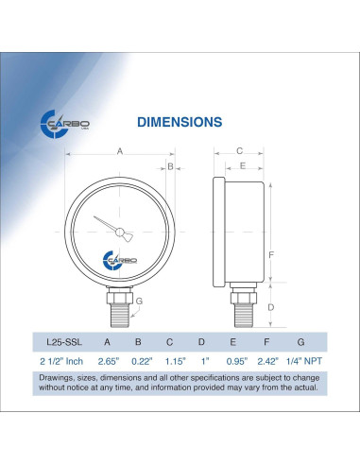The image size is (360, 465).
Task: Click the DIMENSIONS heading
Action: coord(180,122)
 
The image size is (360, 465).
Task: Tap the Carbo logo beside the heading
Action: coord(64,124)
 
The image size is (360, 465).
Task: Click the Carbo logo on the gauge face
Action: coord(120,260)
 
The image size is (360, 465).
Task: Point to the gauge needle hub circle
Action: coord(119,232)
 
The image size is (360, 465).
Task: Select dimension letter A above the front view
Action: coord(120,151)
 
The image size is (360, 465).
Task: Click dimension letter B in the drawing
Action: coord(170,166)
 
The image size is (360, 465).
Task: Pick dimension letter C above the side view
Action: coord(240,151)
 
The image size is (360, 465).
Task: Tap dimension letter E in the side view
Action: coord(243,165)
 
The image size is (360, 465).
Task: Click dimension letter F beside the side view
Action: coord(271,254)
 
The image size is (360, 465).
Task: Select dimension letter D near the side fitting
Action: coord(271,307)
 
